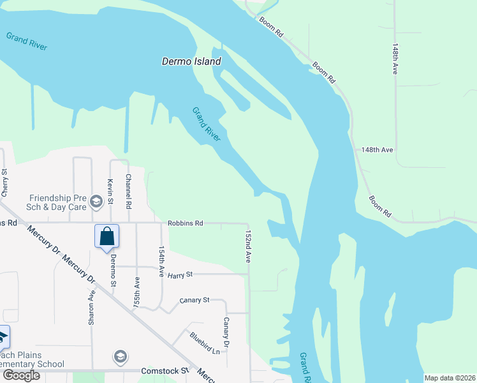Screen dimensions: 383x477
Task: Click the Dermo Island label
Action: click(191, 62)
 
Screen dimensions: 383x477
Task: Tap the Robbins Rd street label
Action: click(185, 223)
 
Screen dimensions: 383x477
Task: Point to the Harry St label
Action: click(180, 275)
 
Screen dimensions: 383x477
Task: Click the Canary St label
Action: click(194, 300)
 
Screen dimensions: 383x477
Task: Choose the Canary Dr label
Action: click(226, 333)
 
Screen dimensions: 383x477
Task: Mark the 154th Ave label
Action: click(161, 260)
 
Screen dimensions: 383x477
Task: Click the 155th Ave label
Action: click(136, 293)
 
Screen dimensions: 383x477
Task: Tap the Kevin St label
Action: click(110, 191)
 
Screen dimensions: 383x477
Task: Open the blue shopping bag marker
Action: click(106, 236)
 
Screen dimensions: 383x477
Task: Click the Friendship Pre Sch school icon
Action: click(96, 202)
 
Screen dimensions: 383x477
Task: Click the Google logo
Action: click(21, 375)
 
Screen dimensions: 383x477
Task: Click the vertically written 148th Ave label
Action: click(395, 59)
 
